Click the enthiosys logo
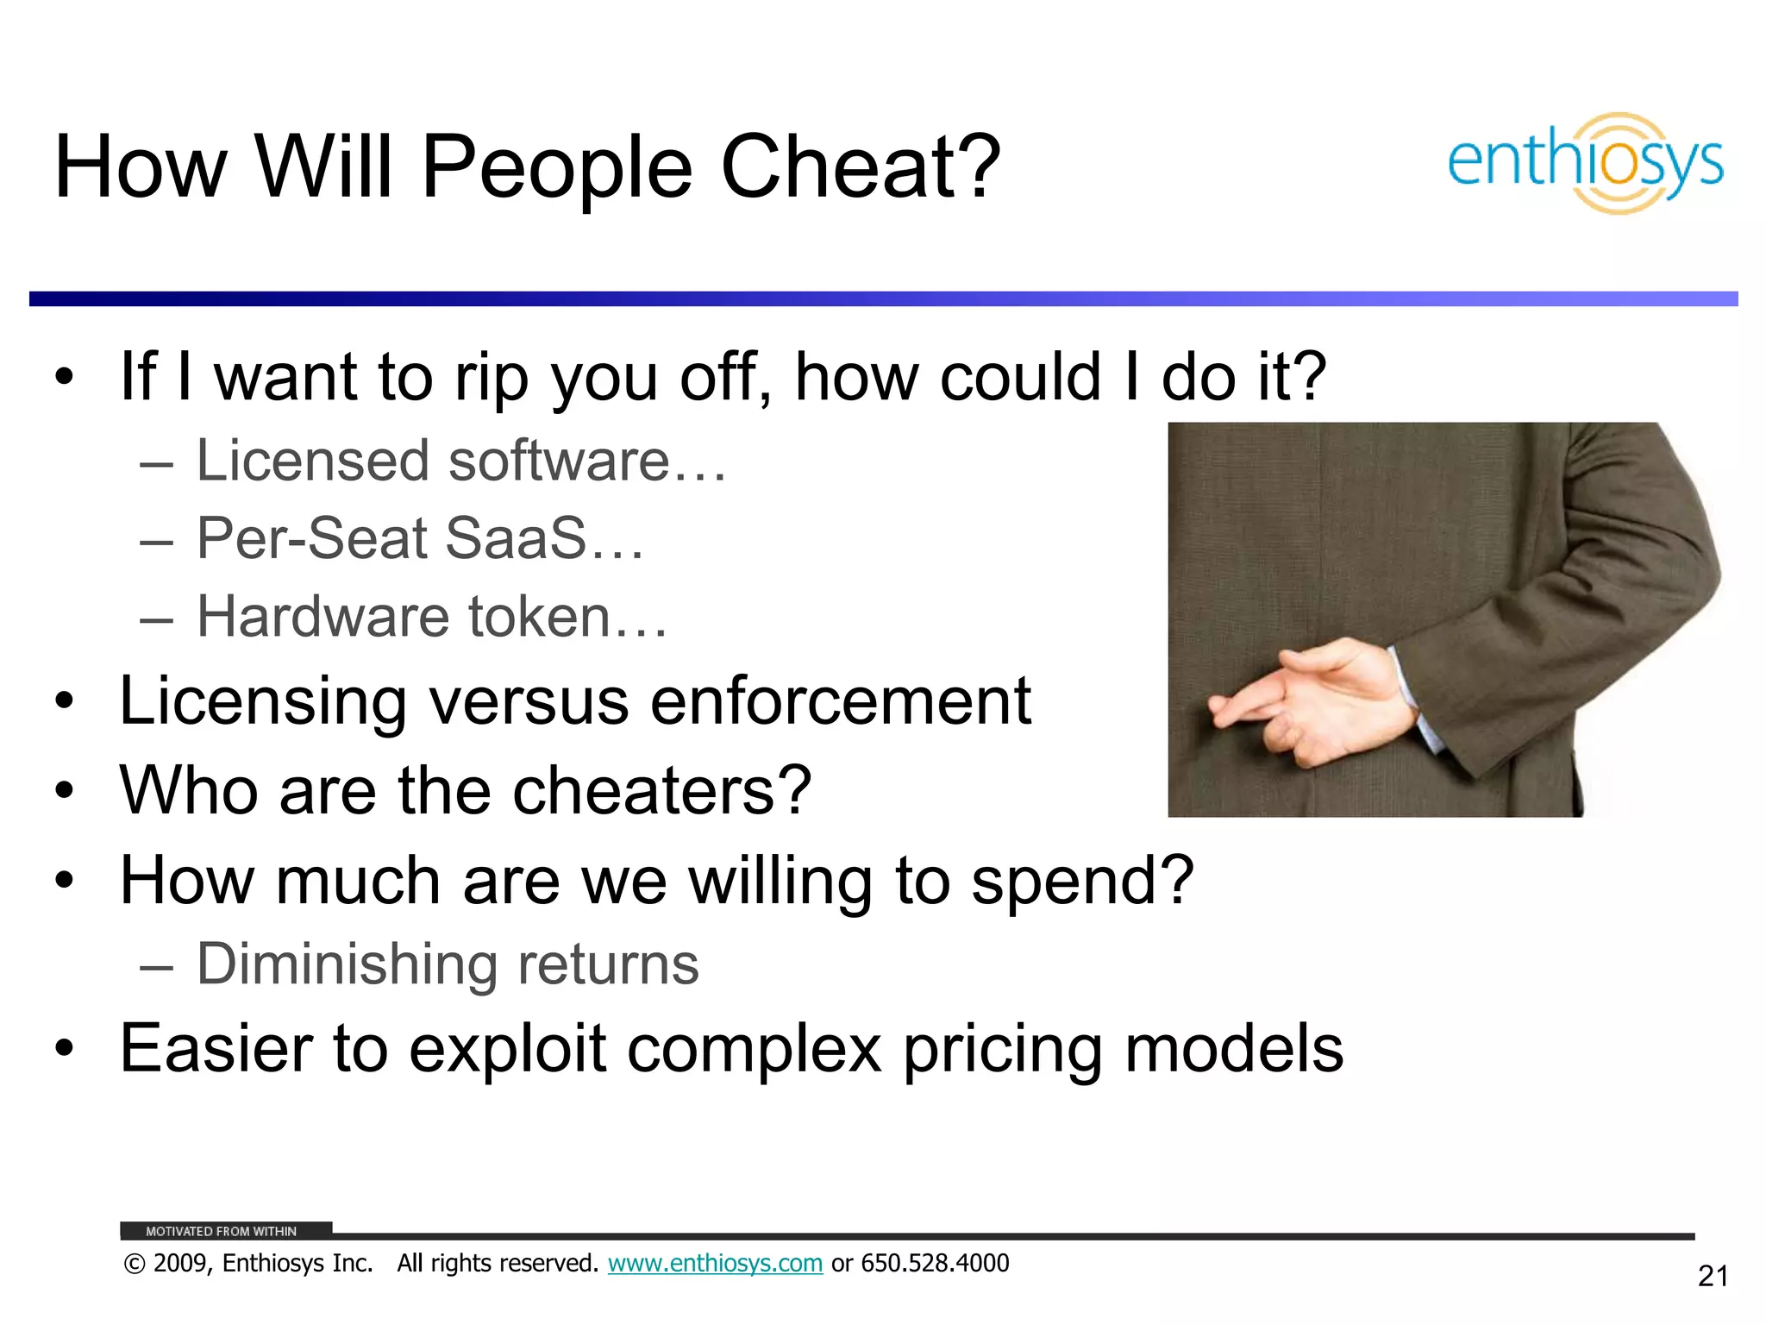coord(1585,163)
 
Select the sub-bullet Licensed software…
coord(461,461)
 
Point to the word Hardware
coord(323,617)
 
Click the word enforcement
coord(840,700)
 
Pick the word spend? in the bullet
coord(1082,882)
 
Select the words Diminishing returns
coord(448,964)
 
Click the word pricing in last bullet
coord(1002,1050)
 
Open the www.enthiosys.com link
coord(715,1263)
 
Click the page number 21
coord(1713,1276)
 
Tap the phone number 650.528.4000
coord(935,1263)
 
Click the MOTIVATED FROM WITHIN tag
coord(222,1231)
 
